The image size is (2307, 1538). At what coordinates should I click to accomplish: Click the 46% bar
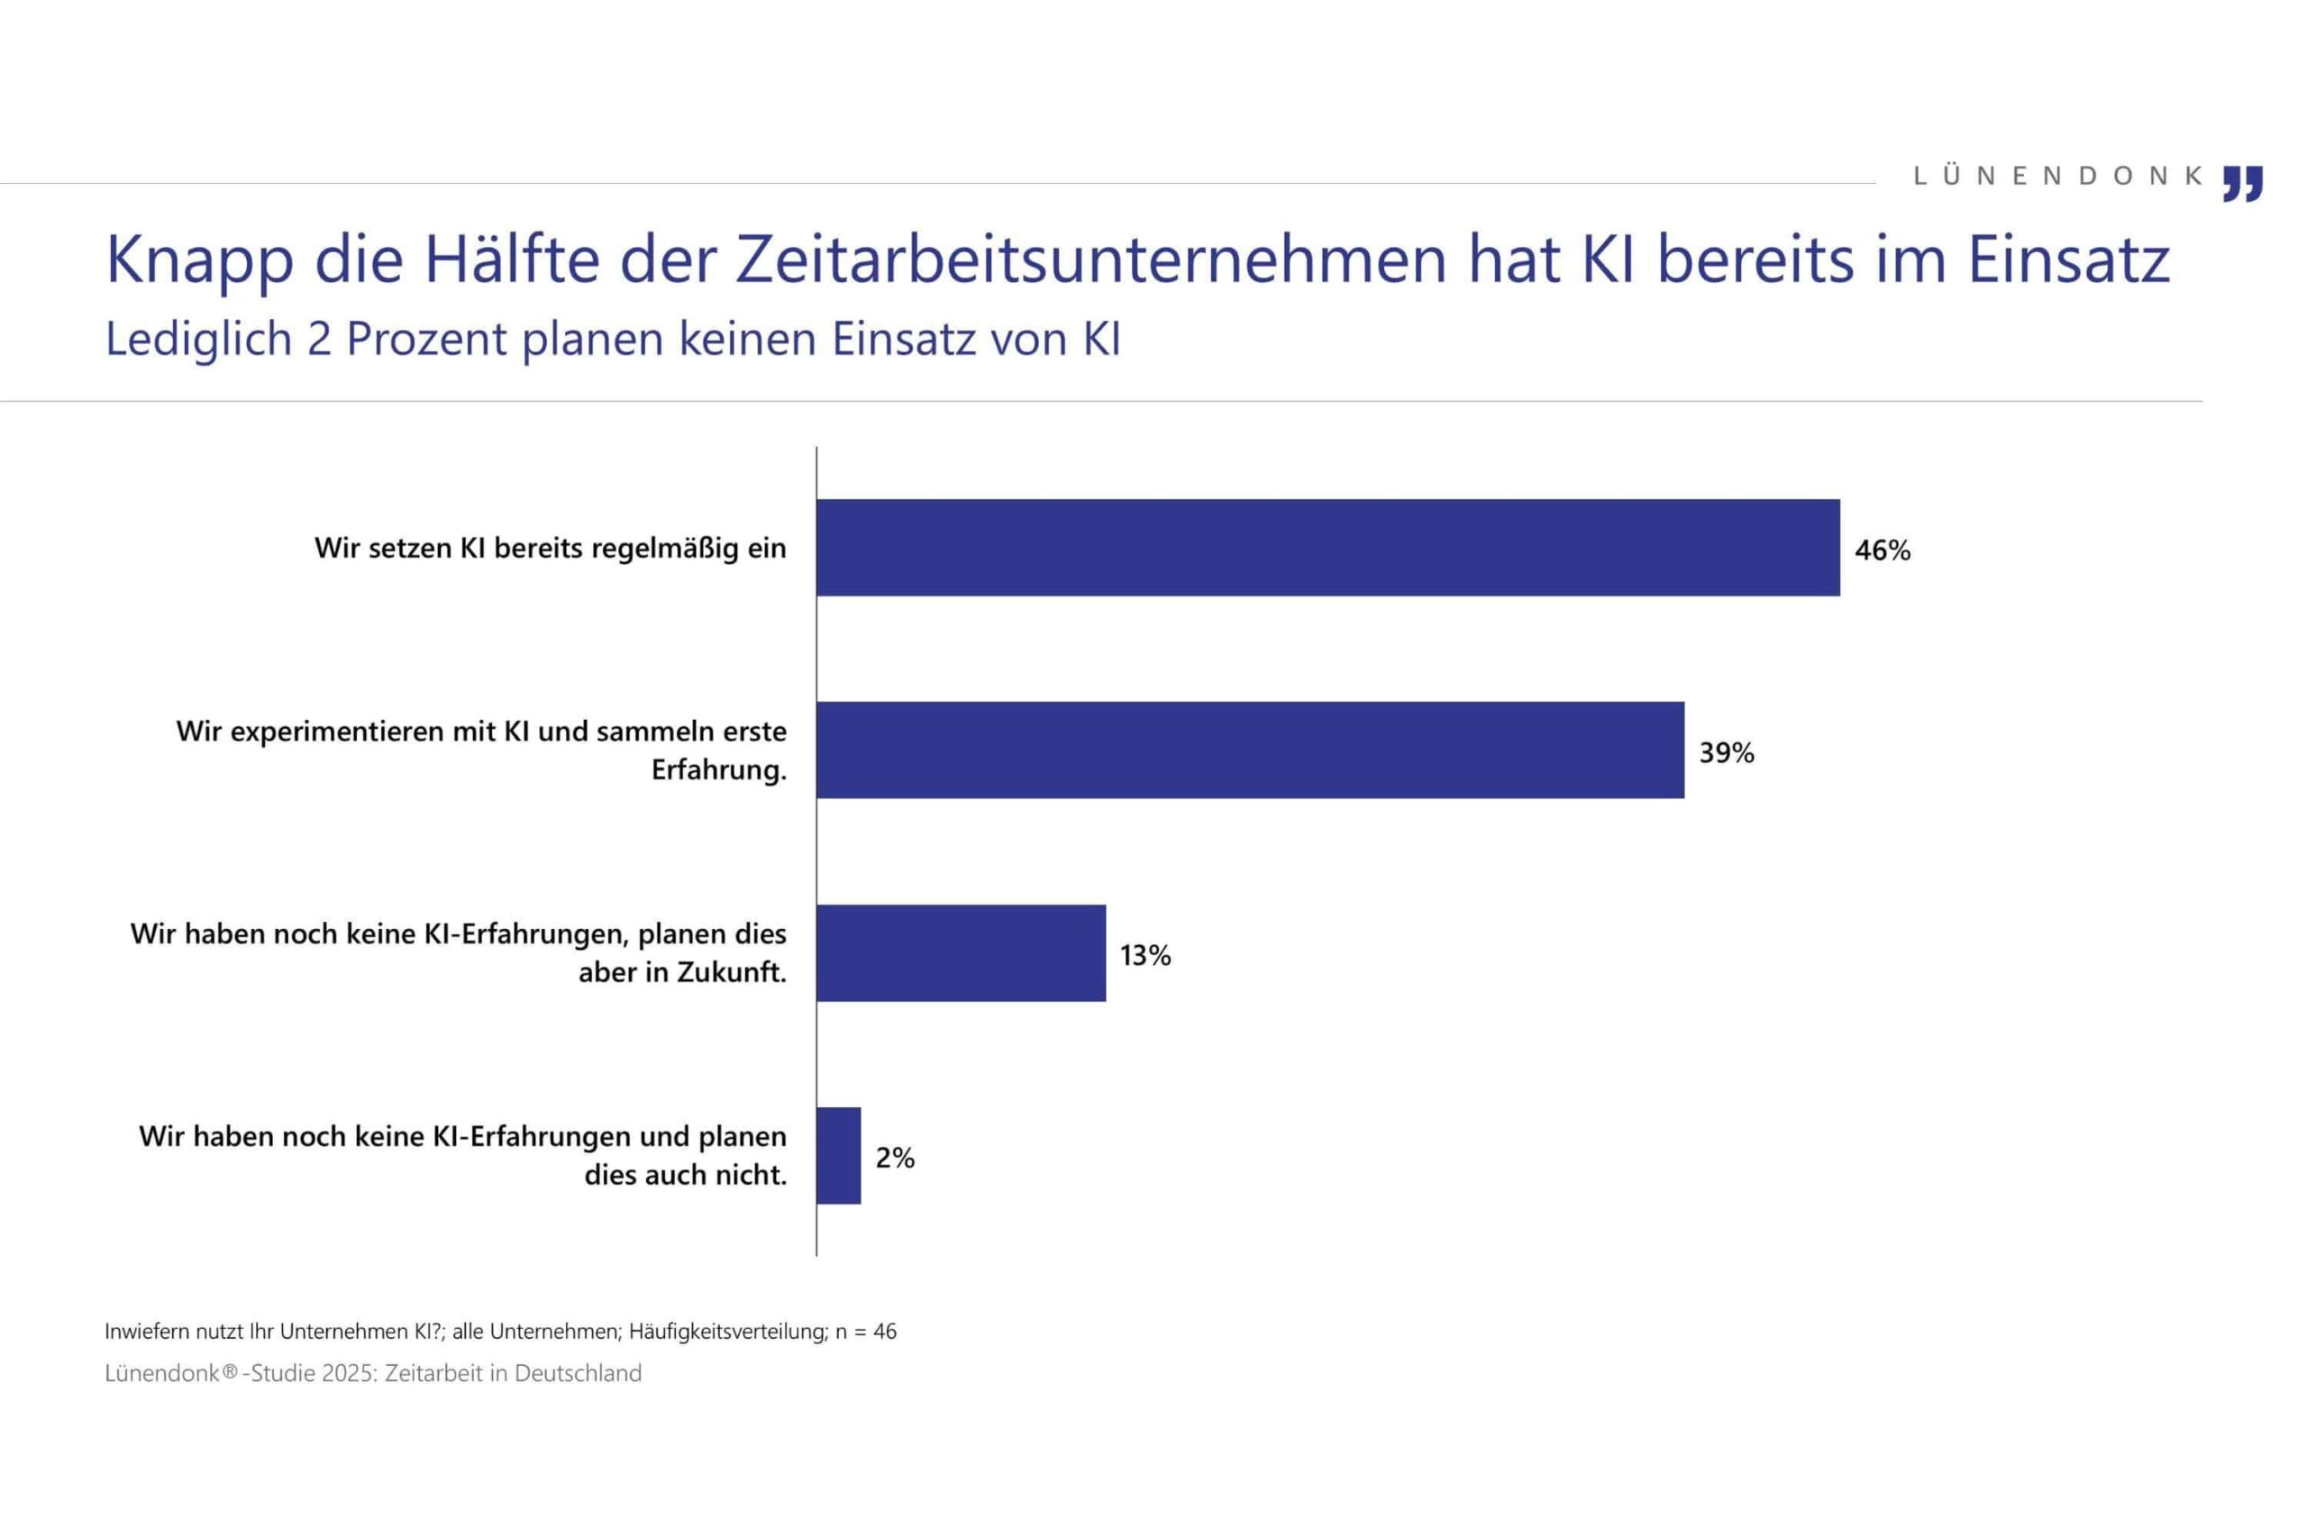pyautogui.click(x=1327, y=547)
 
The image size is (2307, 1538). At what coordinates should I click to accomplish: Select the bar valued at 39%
pyautogui.click(x=1250, y=750)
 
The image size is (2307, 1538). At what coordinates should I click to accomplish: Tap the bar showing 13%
pyautogui.click(x=961, y=952)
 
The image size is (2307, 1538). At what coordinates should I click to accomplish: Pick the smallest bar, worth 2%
pyautogui.click(x=839, y=1155)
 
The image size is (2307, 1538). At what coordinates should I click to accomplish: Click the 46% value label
pyautogui.click(x=1882, y=551)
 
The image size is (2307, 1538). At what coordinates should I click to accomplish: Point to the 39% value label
pyautogui.click(x=1726, y=752)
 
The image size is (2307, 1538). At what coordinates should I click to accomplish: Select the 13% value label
pyautogui.click(x=1144, y=955)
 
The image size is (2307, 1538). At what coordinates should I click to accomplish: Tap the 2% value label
pyautogui.click(x=895, y=1158)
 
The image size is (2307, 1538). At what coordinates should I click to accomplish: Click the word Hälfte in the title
pyautogui.click(x=511, y=259)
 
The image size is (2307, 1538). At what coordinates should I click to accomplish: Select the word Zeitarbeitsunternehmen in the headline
pyautogui.click(x=1090, y=259)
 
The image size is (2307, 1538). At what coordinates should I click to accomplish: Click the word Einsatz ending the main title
pyautogui.click(x=2069, y=259)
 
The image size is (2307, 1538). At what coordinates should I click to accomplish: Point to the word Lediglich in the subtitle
pyautogui.click(x=198, y=340)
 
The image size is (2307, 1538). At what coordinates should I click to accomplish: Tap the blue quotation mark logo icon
pyautogui.click(x=2242, y=184)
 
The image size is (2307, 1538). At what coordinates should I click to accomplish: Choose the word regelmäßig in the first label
pyautogui.click(x=664, y=549)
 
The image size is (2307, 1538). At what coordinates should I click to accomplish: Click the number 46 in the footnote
pyautogui.click(x=884, y=1331)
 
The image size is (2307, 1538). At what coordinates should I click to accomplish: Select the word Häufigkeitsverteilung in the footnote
pyautogui.click(x=728, y=1331)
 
